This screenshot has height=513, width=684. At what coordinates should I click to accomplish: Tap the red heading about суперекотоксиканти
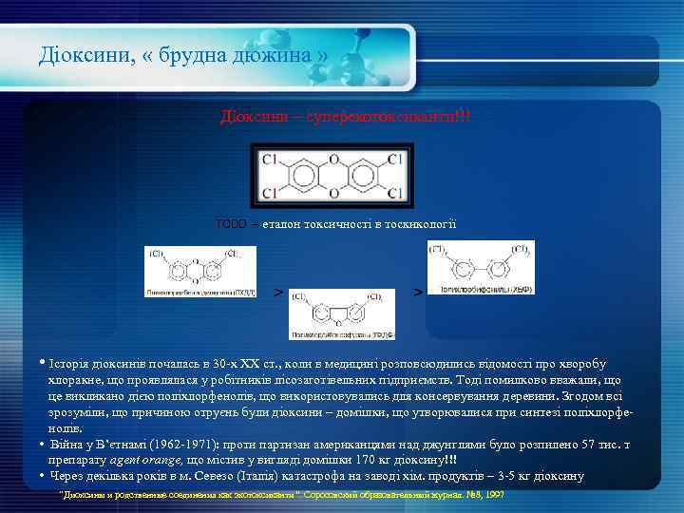tap(345, 116)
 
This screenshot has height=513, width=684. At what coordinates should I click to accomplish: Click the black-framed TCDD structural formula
tap(332, 175)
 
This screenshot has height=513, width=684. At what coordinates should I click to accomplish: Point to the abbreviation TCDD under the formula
tap(230, 224)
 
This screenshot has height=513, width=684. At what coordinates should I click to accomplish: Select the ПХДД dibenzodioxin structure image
tap(200, 271)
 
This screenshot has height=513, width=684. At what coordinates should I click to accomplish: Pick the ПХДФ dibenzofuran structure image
tap(342, 314)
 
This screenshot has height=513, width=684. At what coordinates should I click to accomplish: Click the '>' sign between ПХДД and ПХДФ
tap(277, 291)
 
